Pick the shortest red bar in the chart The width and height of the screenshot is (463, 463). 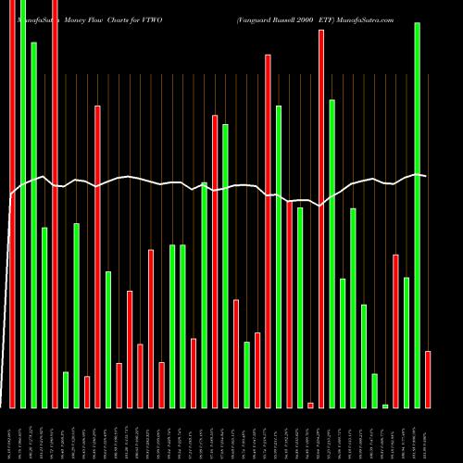click(310, 405)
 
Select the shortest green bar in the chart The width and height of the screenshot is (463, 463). click(385, 406)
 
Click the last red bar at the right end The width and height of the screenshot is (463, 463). click(428, 380)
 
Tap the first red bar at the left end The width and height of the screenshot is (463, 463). click(12, 204)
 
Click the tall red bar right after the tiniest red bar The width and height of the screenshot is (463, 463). click(321, 219)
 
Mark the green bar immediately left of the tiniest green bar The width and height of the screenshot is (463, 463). click(374, 390)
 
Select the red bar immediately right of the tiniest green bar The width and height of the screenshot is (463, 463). click(395, 331)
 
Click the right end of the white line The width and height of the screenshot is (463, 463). click(427, 175)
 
